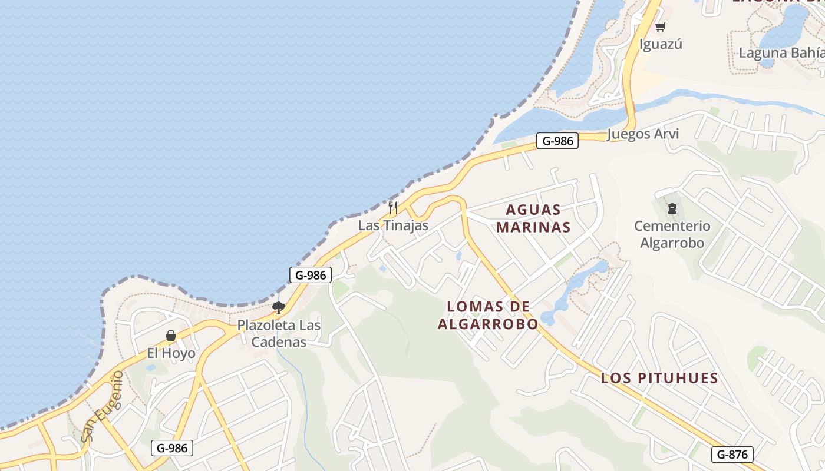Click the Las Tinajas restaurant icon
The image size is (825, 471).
coord(394,208)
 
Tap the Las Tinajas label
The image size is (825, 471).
coord(393,225)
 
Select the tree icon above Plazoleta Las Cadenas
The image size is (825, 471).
coord(279,307)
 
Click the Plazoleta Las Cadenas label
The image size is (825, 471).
coord(279,333)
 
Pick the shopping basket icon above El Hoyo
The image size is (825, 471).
coord(171,336)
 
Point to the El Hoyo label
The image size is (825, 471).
coord(171,353)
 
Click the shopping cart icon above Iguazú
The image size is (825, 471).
coord(661,26)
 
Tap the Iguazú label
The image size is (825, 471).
coord(661,44)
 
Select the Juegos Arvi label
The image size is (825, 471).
coord(643,134)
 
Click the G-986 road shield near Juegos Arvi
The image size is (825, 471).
coord(557,141)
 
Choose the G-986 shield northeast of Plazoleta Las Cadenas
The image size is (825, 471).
coord(311,275)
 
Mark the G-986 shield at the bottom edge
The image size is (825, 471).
coord(172,448)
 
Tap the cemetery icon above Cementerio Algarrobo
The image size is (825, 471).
coord(672,208)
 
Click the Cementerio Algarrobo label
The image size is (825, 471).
coord(672,234)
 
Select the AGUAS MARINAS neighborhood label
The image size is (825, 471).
coord(533,218)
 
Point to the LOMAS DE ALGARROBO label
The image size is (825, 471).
coord(488,315)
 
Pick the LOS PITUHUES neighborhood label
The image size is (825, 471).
coord(659,379)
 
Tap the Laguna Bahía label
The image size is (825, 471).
coord(781,53)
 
